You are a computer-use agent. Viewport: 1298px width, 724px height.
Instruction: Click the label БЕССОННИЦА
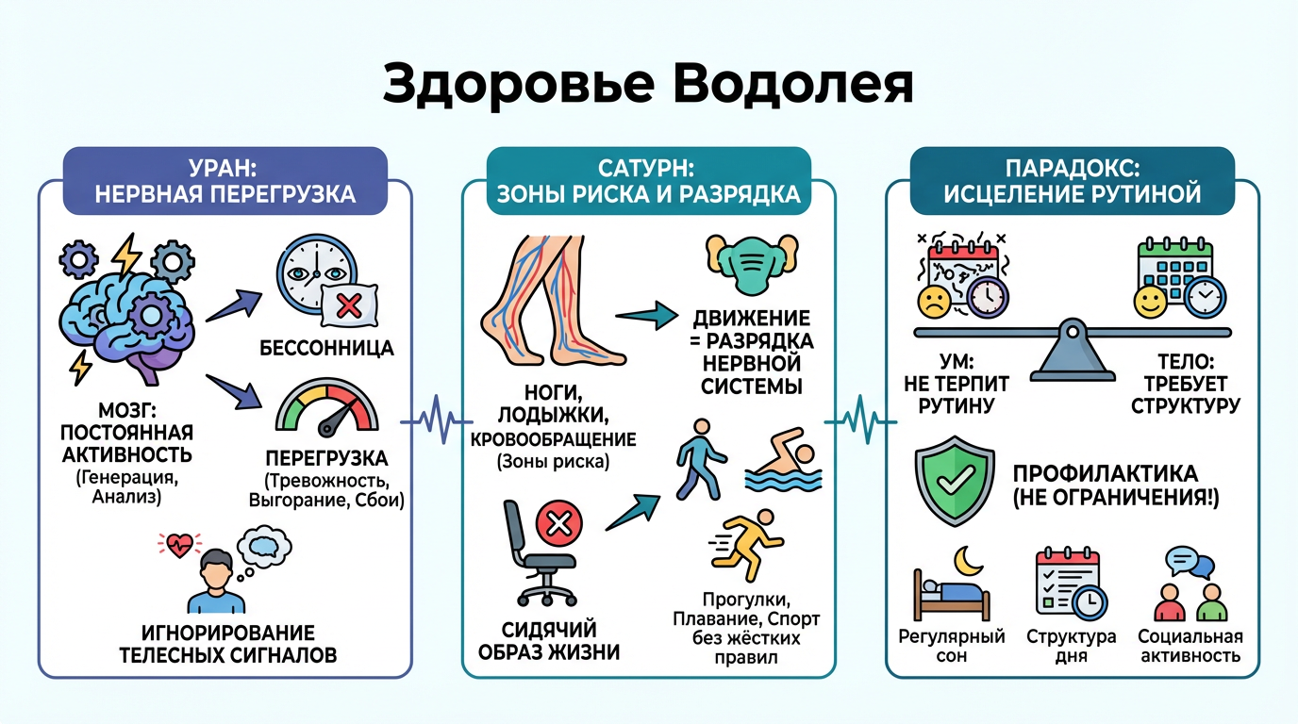(326, 349)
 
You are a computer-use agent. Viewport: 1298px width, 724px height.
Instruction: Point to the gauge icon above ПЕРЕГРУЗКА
(326, 411)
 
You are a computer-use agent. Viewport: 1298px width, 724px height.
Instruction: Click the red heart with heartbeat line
(179, 544)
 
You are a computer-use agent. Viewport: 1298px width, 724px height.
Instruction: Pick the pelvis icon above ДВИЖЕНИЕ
(745, 264)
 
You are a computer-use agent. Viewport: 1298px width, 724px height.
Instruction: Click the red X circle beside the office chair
(559, 521)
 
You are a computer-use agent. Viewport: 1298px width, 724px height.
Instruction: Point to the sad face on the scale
(936, 301)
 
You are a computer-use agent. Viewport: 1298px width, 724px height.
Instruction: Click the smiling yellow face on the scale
(1151, 302)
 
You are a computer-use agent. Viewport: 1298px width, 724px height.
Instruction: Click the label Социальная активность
(1190, 646)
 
